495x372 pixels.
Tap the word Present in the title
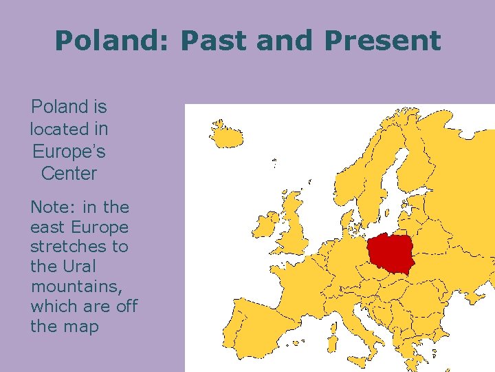click(382, 41)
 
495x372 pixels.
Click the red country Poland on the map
click(391, 251)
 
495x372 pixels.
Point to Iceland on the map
click(226, 135)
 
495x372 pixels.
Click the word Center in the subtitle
click(69, 174)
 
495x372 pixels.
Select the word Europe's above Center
click(69, 151)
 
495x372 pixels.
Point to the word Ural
click(76, 267)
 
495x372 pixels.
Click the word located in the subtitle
click(59, 129)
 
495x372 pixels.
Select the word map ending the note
click(82, 327)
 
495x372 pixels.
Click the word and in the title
click(288, 41)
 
